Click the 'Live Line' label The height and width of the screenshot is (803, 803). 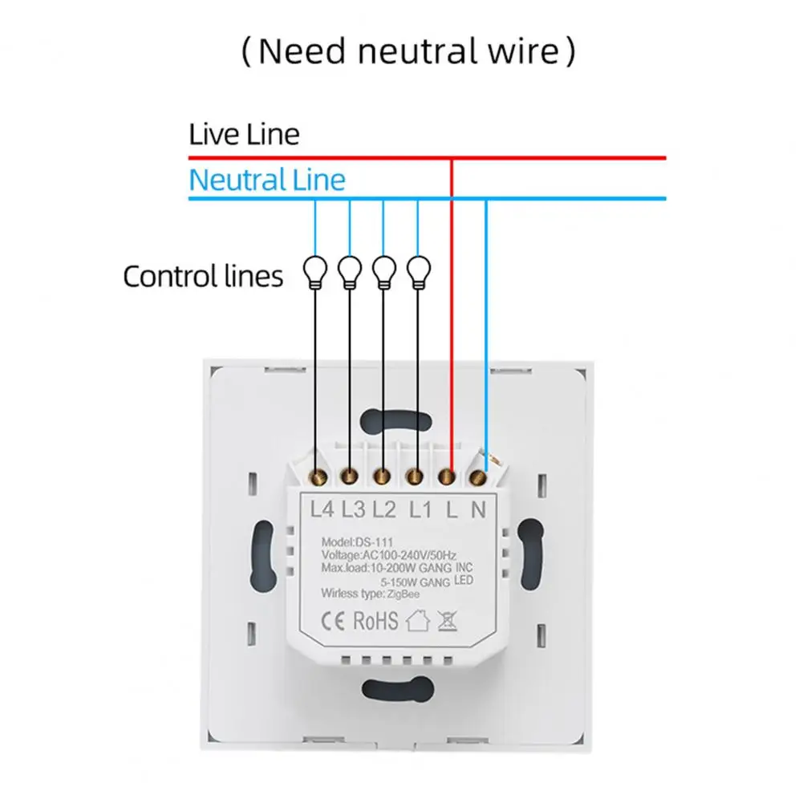[244, 134]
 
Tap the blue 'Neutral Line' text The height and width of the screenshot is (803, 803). [267, 179]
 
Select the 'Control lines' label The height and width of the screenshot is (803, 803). [203, 277]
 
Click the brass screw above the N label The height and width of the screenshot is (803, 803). [479, 479]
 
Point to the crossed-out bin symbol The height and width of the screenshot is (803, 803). [448, 622]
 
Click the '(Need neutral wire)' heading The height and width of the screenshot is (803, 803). [408, 52]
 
